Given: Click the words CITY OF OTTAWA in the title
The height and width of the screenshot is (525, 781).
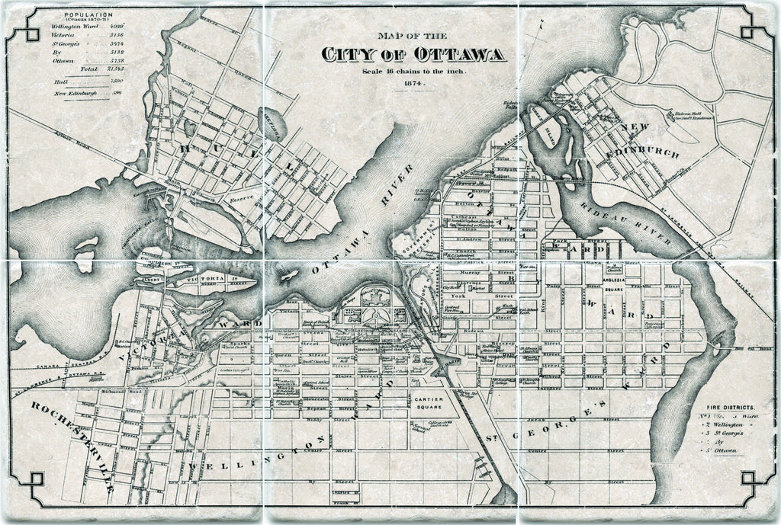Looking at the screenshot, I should coord(413,55).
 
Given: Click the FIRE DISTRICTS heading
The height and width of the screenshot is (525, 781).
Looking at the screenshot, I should coord(731,408).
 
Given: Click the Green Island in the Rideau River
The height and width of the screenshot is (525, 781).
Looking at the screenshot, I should coord(553,142).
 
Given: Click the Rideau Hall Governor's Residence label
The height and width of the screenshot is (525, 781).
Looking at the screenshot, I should coord(693,117).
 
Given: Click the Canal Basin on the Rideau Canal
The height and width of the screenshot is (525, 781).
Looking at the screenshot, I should coord(442,367).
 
